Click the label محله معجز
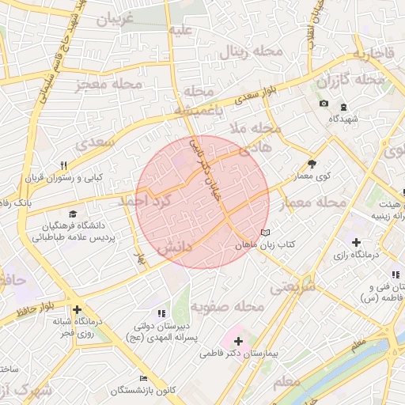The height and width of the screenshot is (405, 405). click(x=110, y=85)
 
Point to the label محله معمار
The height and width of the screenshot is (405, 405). click(x=315, y=203)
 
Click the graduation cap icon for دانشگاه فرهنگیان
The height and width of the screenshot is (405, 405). click(x=74, y=214)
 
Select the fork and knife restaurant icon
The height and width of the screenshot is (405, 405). click(x=64, y=165)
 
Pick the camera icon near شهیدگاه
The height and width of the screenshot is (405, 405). click(x=324, y=104)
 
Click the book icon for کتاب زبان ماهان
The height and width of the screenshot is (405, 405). click(x=265, y=233)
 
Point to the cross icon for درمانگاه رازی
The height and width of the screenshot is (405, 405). click(x=357, y=242)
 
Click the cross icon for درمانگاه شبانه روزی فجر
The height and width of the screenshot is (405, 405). click(x=77, y=310)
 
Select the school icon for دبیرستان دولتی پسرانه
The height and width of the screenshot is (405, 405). click(x=162, y=313)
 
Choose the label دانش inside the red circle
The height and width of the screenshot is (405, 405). click(x=175, y=248)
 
